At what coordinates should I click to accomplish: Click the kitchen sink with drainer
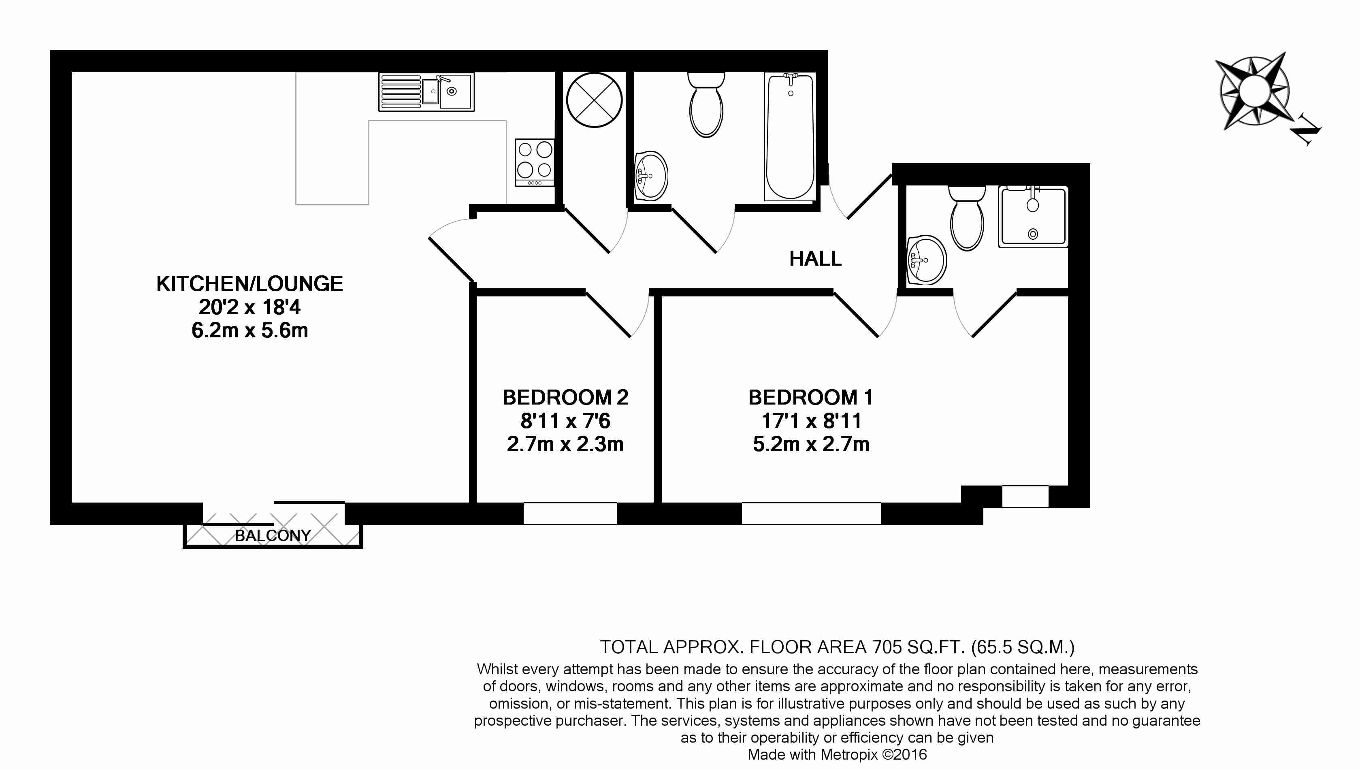(426, 92)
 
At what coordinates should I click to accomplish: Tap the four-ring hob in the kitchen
(535, 162)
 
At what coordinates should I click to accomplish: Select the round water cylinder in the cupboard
(594, 100)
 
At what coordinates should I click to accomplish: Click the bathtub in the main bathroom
(790, 136)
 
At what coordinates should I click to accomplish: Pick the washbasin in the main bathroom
(651, 176)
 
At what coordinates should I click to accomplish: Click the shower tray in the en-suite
(1032, 217)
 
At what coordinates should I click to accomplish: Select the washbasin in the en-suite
(926, 260)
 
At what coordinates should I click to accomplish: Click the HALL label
(815, 259)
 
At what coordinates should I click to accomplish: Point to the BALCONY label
(273, 536)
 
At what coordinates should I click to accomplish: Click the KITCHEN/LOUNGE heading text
(249, 283)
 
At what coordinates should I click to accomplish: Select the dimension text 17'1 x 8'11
(811, 421)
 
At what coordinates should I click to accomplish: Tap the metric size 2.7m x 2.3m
(565, 444)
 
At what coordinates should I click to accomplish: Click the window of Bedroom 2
(570, 513)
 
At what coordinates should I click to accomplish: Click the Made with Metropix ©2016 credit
(837, 754)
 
